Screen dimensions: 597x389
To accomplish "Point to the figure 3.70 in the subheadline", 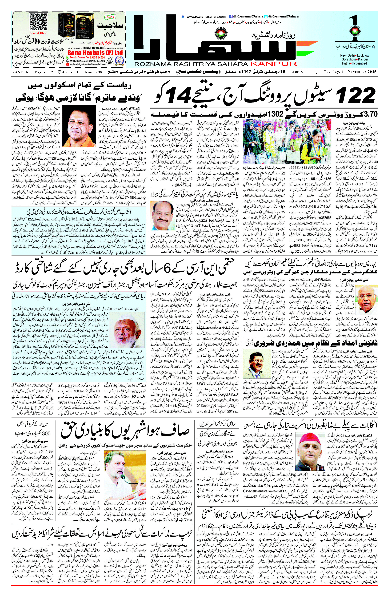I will [370, 113].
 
